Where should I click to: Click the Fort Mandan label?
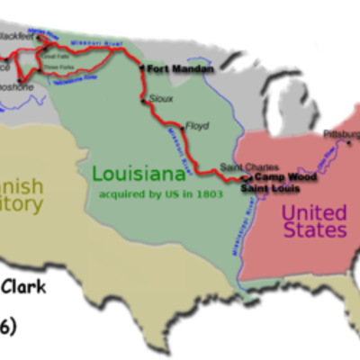181,69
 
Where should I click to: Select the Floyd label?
196,125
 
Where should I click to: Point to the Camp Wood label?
271,178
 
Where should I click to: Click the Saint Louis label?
269,190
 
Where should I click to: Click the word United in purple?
313,212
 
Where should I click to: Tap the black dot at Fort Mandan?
141,67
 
